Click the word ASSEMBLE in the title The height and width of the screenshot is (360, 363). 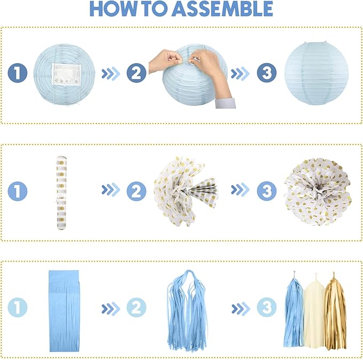(222, 9)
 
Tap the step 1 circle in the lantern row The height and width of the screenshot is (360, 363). (18, 73)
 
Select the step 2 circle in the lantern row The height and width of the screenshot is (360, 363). (136, 73)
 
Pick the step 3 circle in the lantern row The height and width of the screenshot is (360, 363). (267, 73)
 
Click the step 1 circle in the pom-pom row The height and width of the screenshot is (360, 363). (18, 191)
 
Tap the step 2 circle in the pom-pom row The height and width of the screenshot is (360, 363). (136, 191)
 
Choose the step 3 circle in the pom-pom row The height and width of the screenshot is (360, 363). (267, 191)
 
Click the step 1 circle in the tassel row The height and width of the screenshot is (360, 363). (18, 308)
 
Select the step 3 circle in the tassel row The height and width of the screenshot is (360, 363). (267, 308)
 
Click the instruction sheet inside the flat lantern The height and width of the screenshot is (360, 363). (66, 74)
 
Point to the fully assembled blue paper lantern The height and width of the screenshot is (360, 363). (316, 73)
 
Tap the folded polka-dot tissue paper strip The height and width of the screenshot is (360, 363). (61, 193)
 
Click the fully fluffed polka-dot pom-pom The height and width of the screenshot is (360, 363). (318, 192)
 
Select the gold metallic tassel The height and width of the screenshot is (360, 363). (335, 312)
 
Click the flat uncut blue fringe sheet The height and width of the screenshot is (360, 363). (64, 311)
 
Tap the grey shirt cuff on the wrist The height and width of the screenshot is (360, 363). (225, 103)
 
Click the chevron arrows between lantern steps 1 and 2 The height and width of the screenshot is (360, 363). (111, 73)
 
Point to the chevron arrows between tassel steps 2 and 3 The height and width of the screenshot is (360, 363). (241, 309)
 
